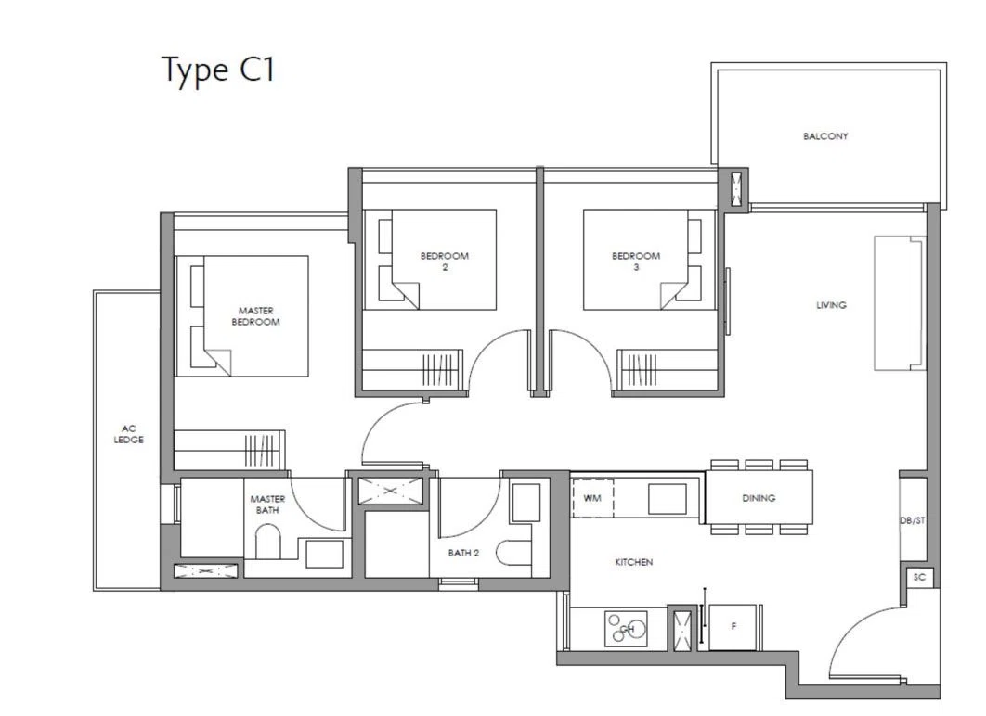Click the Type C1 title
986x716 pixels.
219,70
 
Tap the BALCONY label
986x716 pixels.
825,136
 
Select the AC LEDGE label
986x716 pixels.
128,434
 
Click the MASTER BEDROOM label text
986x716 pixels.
255,316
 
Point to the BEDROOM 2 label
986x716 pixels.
444,262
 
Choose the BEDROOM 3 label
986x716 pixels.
636,262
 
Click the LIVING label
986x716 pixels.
831,305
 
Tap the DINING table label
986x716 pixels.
759,498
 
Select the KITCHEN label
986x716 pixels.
633,562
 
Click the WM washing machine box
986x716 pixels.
593,498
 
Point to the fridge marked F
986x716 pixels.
733,627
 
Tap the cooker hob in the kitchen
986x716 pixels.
627,629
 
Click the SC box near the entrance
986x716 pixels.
919,577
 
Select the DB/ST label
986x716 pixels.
912,520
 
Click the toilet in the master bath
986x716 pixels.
267,542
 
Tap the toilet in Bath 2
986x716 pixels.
513,554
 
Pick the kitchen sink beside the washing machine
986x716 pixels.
668,499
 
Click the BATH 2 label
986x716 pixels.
463,554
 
